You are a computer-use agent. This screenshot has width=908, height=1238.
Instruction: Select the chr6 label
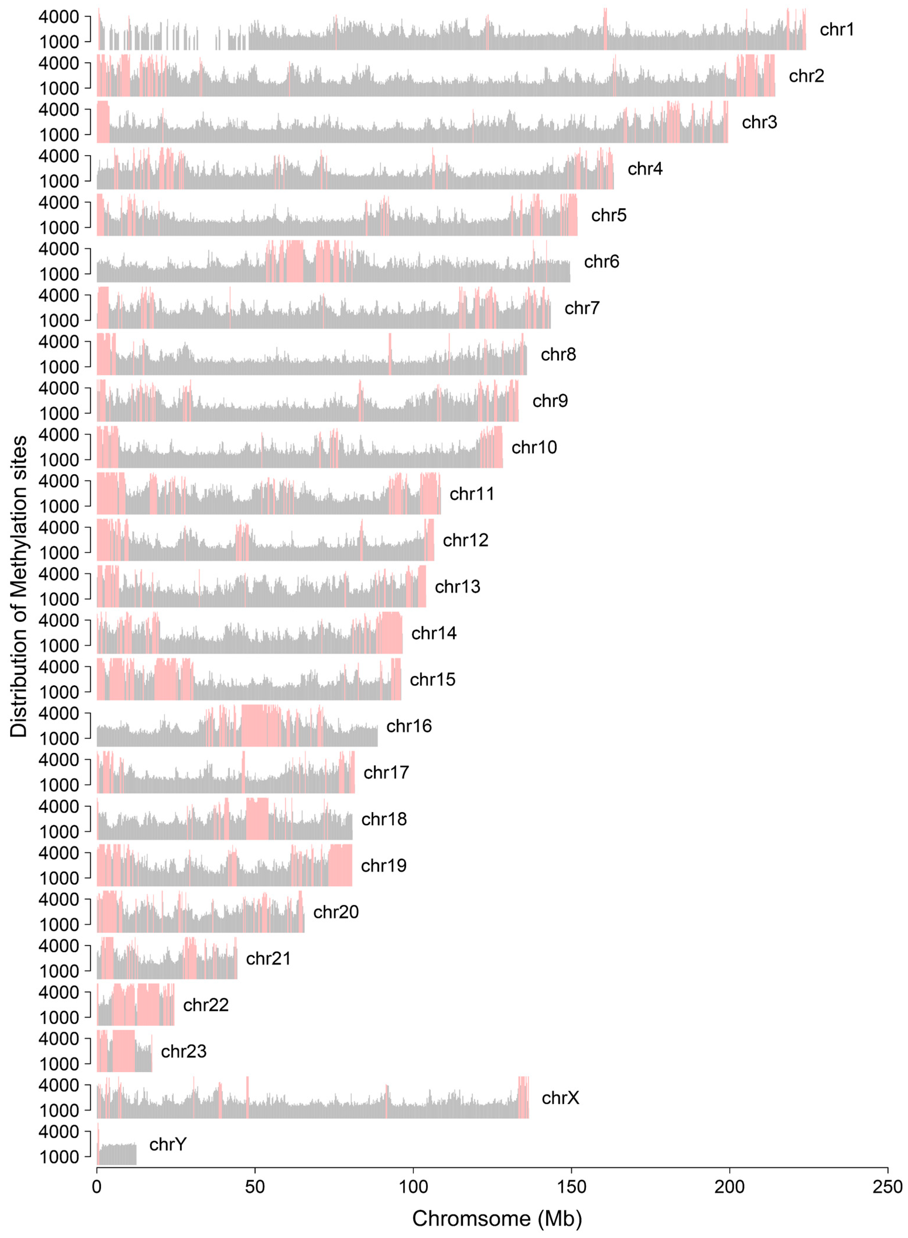601,262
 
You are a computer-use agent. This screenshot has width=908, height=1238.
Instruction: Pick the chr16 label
409,726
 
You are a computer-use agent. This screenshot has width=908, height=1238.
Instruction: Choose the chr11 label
472,494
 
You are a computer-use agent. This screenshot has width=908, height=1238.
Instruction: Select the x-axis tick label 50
255,1186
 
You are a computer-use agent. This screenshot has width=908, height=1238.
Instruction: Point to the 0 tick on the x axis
97,1186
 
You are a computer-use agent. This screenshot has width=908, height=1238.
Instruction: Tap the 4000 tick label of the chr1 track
59,17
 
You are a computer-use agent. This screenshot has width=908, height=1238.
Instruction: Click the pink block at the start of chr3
103,122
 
